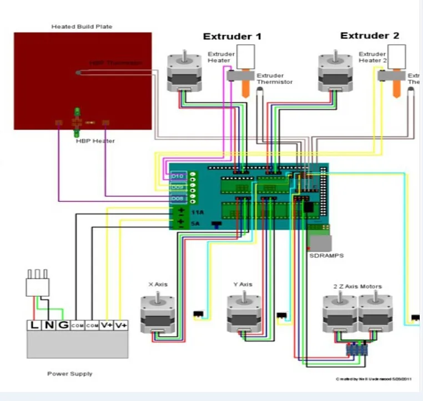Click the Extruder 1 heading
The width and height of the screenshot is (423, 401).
(x=232, y=37)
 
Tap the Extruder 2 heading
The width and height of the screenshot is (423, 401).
(x=370, y=36)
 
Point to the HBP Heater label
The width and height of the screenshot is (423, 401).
(x=95, y=141)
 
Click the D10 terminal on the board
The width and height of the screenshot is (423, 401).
(x=178, y=176)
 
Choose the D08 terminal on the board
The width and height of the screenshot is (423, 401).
(x=178, y=198)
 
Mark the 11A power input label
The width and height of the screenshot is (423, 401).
(x=197, y=212)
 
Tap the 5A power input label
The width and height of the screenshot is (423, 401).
(x=195, y=224)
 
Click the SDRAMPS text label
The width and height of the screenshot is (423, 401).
(x=326, y=256)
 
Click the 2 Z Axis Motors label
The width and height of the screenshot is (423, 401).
(x=357, y=286)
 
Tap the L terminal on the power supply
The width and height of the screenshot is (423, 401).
(x=34, y=325)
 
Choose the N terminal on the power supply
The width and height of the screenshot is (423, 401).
(x=49, y=325)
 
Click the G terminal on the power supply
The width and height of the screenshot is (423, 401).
(x=63, y=325)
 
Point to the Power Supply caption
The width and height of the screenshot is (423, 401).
(x=70, y=374)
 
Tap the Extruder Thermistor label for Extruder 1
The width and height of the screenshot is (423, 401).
(x=274, y=79)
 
